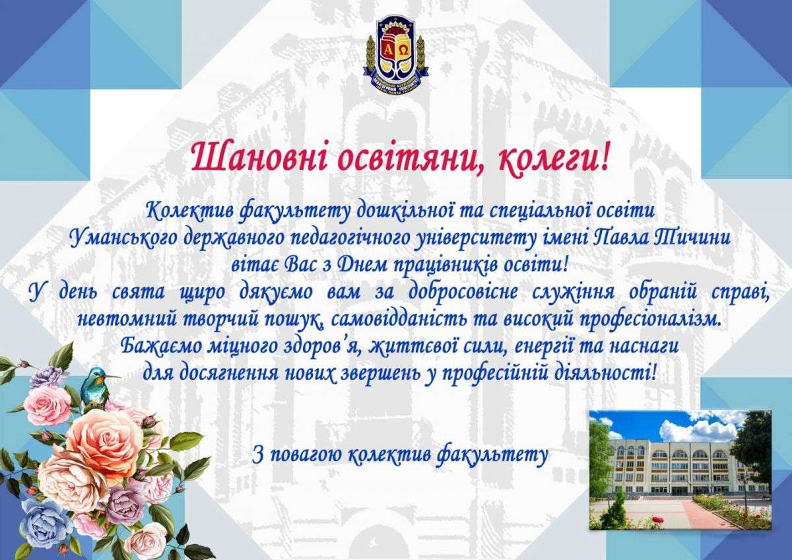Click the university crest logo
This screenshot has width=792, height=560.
(x=396, y=56)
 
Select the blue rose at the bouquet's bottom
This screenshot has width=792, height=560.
(x=46, y=524)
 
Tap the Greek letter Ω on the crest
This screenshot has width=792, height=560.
(x=404, y=51)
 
